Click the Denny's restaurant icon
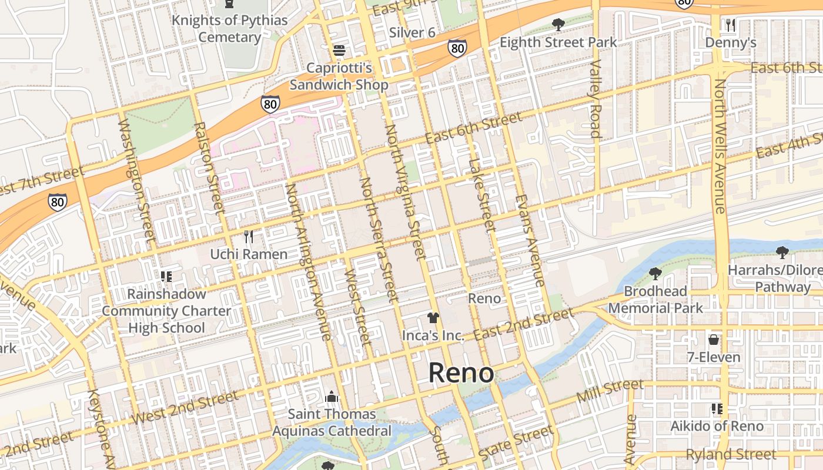click(x=730, y=25)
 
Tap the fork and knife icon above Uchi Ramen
click(x=249, y=237)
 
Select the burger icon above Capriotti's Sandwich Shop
click(x=339, y=51)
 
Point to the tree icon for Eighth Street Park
click(x=558, y=25)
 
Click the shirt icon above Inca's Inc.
click(x=433, y=318)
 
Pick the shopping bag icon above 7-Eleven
click(x=714, y=340)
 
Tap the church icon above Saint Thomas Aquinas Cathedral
click(x=332, y=397)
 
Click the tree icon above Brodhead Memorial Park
click(x=655, y=273)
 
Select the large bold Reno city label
click(x=461, y=373)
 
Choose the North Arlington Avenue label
click(x=307, y=261)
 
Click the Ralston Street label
click(x=209, y=167)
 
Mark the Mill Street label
click(x=610, y=391)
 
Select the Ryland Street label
click(x=731, y=454)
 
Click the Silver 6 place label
click(x=412, y=32)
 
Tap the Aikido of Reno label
click(x=717, y=426)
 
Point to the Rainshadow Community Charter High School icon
click(x=166, y=276)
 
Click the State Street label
click(x=516, y=444)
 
